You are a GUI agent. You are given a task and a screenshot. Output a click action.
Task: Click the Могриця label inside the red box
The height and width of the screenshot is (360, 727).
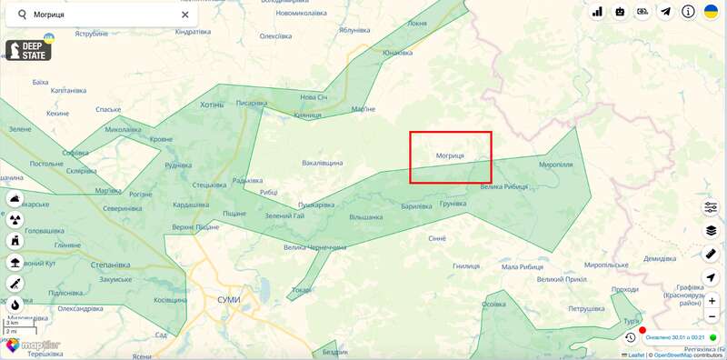point(450,156)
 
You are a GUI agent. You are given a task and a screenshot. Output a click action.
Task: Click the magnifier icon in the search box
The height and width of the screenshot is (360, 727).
point(22,15)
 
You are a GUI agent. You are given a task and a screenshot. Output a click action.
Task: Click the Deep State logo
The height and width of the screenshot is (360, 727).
point(28,50)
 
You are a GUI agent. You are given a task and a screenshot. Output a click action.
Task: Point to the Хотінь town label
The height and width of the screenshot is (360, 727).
point(211,105)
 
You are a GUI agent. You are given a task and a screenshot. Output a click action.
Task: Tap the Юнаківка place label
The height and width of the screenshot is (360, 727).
point(398,53)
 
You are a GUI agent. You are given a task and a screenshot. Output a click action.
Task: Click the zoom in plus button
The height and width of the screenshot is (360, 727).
point(712,301)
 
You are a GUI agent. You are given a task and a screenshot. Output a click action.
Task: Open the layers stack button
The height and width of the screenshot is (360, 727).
point(712,231)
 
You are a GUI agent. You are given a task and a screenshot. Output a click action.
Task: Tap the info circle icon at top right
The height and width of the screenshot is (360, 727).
point(689,12)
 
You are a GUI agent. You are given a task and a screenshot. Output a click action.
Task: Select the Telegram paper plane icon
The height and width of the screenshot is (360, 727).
point(666,12)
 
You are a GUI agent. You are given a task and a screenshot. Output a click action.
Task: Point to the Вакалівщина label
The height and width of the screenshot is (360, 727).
point(323,163)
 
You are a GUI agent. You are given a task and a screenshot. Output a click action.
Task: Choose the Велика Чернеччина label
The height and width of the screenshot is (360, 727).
point(314,247)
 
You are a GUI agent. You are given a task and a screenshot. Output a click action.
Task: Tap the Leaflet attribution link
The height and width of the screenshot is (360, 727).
point(636,355)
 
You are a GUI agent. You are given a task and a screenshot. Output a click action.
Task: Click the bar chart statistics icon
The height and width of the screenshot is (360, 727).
point(597,12)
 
